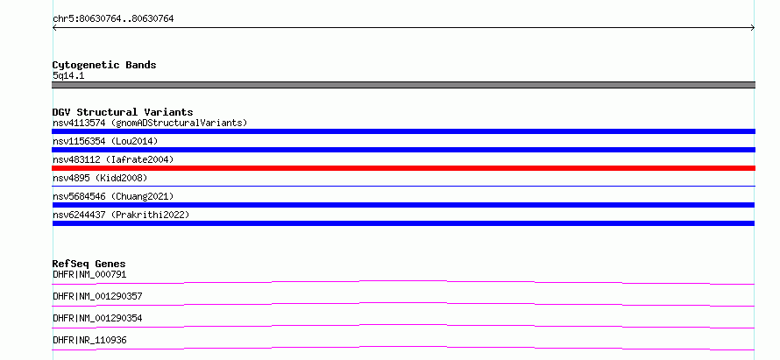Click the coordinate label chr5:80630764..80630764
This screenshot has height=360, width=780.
point(113,19)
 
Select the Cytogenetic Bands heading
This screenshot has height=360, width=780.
point(104,65)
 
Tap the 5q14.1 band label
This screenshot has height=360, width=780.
point(68,75)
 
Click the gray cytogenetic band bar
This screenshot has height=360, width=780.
point(403,85)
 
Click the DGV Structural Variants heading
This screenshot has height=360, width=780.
point(123,112)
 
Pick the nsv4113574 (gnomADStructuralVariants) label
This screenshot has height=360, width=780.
point(150,123)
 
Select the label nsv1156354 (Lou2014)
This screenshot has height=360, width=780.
point(105,141)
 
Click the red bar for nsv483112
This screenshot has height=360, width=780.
point(403,168)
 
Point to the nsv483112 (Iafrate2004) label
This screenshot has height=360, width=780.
point(113,159)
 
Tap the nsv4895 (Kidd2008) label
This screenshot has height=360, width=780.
point(100,178)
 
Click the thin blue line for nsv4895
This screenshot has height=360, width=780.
point(403,186)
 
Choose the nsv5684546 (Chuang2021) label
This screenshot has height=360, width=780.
point(113,196)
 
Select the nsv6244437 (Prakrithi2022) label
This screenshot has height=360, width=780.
point(121,215)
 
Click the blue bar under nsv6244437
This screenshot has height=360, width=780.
point(403,223)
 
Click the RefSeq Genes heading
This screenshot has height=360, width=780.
point(89,264)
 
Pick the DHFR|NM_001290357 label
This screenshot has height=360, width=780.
point(97,296)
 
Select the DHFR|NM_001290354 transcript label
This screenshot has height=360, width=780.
point(97,318)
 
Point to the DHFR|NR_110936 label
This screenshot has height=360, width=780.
point(89,340)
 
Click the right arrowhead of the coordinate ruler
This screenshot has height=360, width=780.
point(754,28)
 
